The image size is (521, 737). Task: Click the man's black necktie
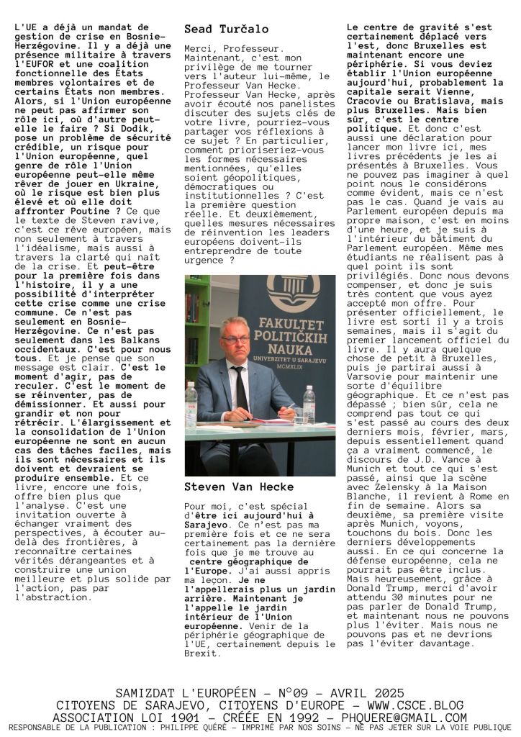tap(240, 389)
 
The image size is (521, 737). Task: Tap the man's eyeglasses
tap(236, 339)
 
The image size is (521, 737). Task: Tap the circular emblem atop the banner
tap(293, 291)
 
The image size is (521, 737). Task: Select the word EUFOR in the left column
tap(34, 65)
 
